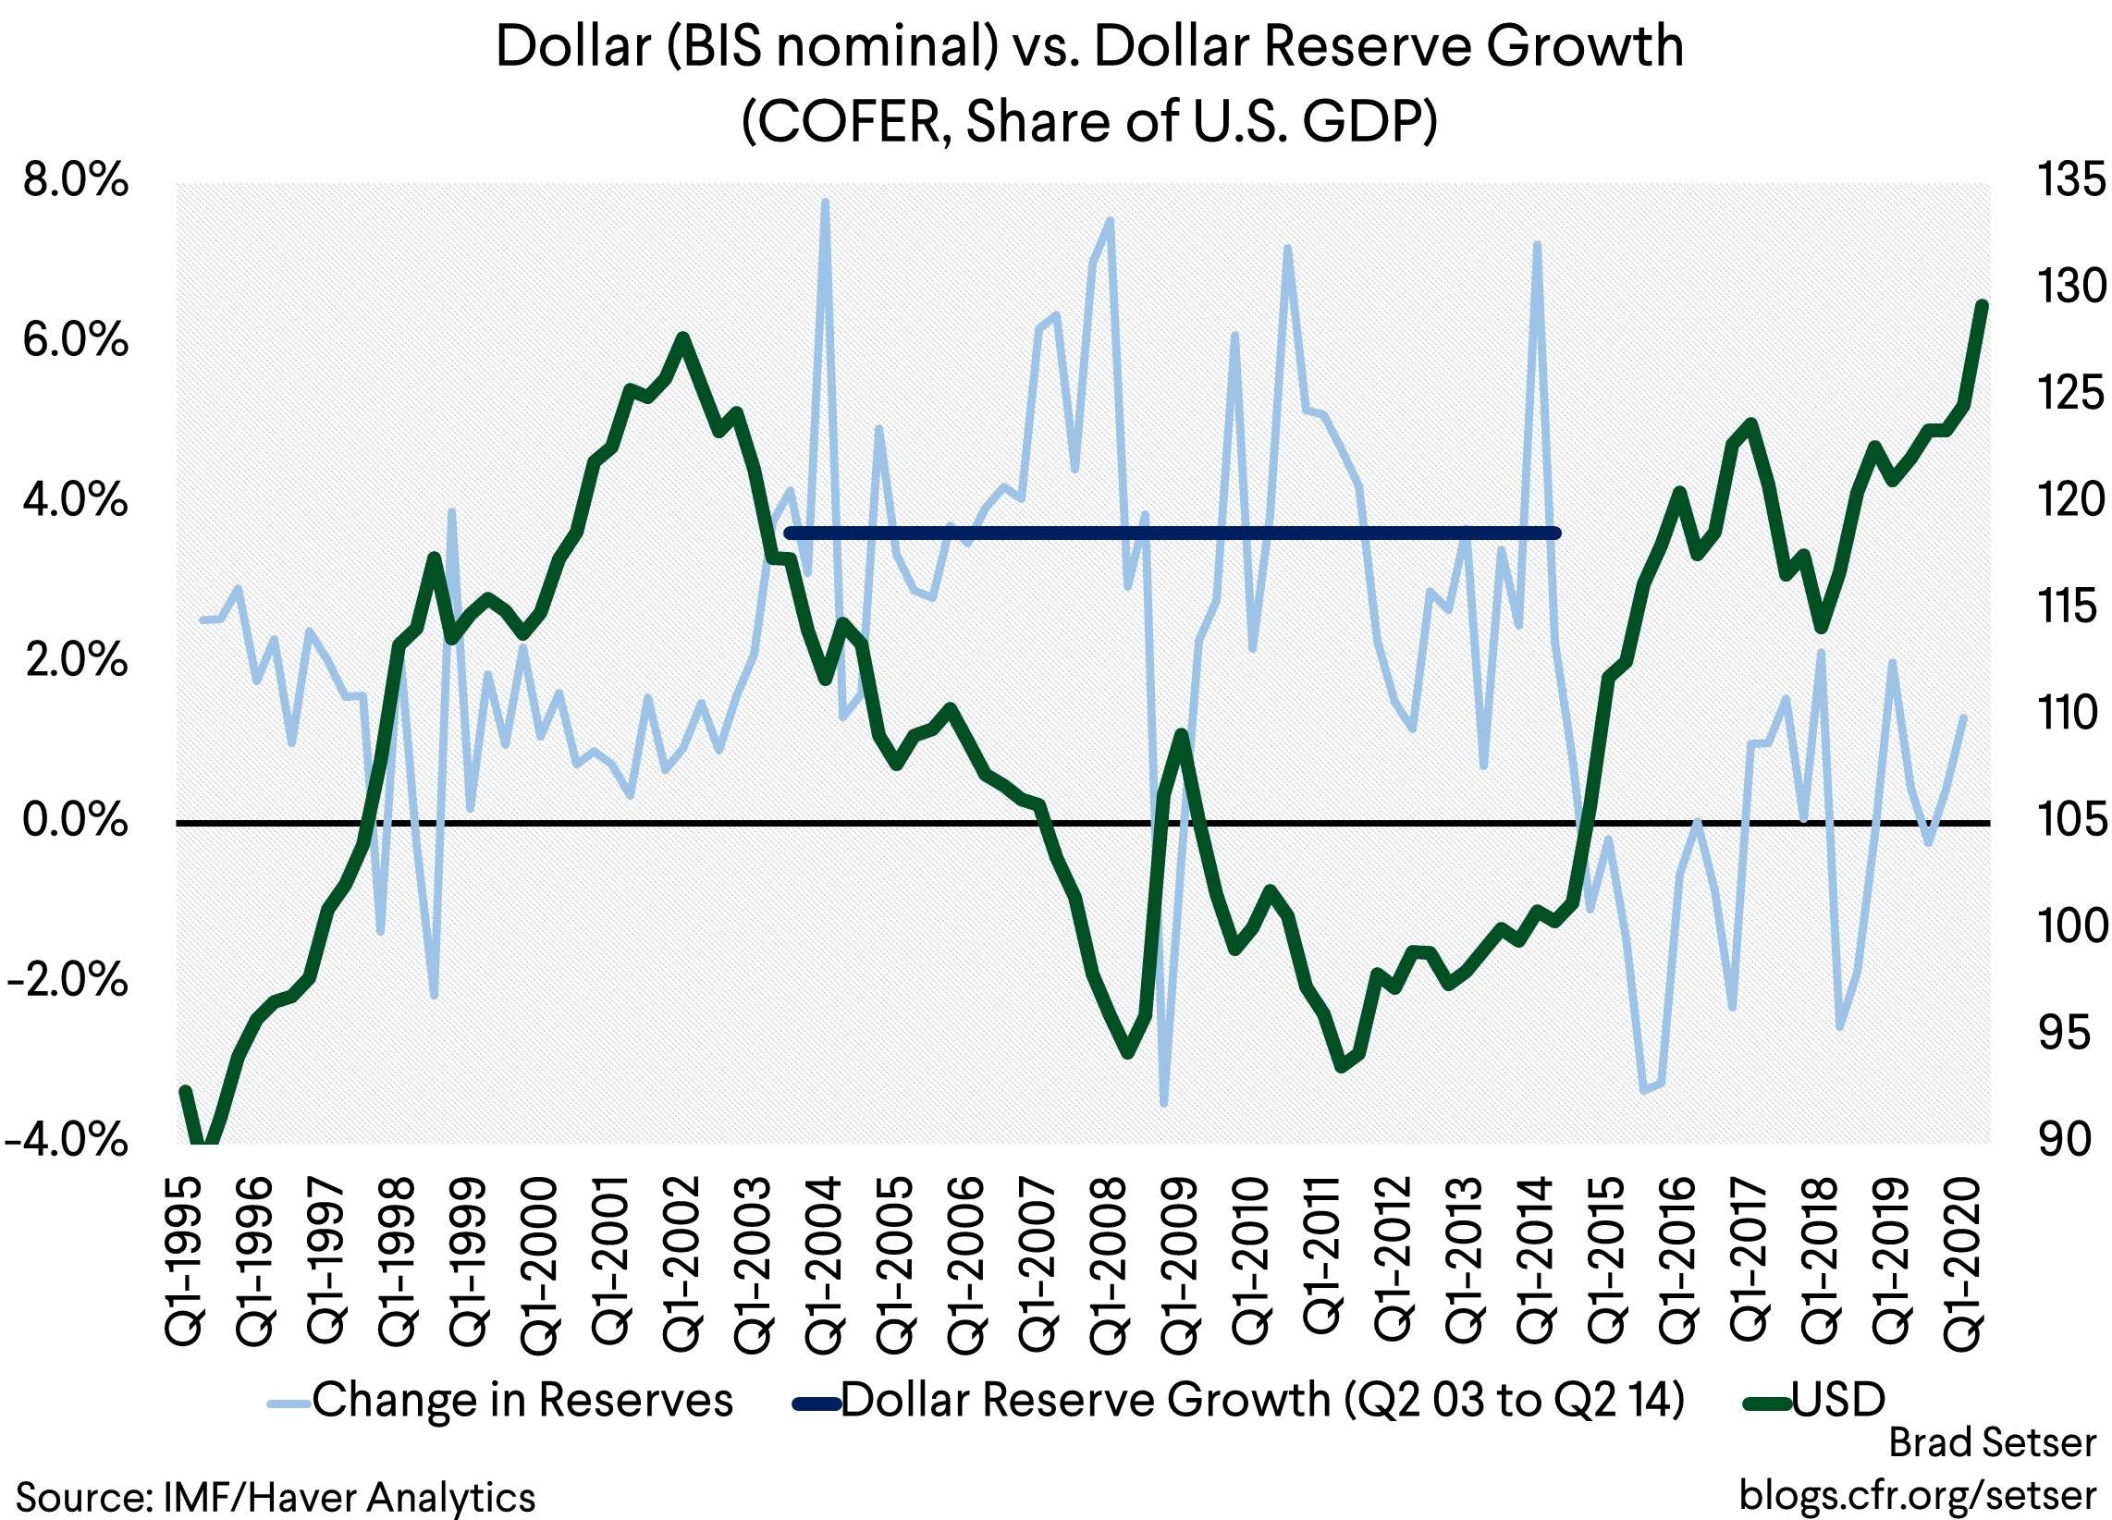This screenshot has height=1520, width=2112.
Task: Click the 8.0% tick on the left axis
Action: point(75,180)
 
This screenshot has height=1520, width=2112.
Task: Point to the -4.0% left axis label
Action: point(65,1140)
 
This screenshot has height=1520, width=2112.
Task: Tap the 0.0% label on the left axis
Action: point(75,820)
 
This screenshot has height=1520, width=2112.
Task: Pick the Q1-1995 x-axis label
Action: point(184,1261)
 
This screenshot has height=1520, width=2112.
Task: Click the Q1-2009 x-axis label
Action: point(1179,1261)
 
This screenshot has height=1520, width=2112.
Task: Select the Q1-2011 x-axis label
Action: point(1321,1254)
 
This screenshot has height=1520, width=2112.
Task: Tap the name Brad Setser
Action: point(1992,1442)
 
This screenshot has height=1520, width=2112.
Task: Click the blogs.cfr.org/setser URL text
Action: point(1918,1495)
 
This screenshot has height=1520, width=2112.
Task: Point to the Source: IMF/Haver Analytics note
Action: point(276,1498)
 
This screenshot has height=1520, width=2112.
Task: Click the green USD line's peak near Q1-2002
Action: point(682,337)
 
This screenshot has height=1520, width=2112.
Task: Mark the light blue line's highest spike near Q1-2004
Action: point(825,202)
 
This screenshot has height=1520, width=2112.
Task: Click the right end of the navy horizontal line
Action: point(1556,533)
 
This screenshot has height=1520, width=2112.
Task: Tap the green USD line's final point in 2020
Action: point(1980,304)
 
